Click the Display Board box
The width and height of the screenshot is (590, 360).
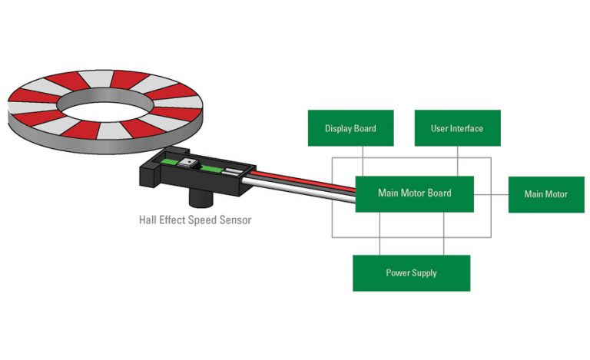[350, 128]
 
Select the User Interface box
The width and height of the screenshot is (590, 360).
[457, 128]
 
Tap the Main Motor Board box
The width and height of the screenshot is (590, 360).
[414, 193]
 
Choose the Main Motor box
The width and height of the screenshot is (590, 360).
[545, 194]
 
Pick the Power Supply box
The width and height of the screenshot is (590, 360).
[411, 273]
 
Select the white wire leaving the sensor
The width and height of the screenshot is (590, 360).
[300, 190]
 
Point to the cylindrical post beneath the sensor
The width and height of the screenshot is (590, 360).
[201, 199]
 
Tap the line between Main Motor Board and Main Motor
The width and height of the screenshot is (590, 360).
[491, 193]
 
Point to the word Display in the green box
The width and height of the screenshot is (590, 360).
[338, 128]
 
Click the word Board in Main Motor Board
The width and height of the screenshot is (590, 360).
[439, 193]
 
